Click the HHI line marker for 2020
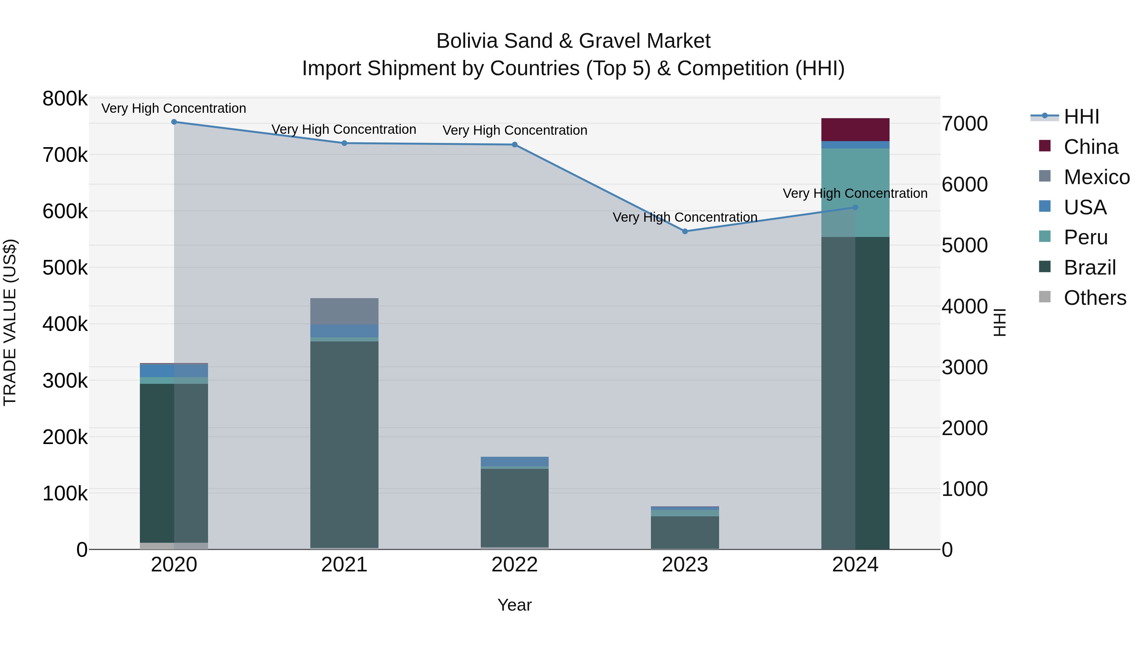174,122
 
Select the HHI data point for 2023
685,232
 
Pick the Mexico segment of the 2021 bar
344,311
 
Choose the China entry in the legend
1091,147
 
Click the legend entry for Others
1094,298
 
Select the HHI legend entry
1081,117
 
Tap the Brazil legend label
1090,268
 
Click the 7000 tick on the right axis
964,124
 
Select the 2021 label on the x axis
344,565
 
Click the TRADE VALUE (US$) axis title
10,323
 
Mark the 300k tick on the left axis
65,381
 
